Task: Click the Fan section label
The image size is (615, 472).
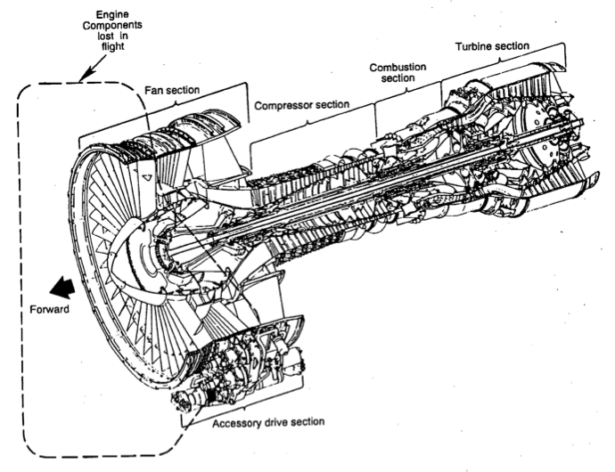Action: click(172, 90)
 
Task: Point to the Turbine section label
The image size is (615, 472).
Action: click(491, 45)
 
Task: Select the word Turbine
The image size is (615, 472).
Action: click(472, 45)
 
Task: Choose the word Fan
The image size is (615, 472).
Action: click(154, 90)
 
